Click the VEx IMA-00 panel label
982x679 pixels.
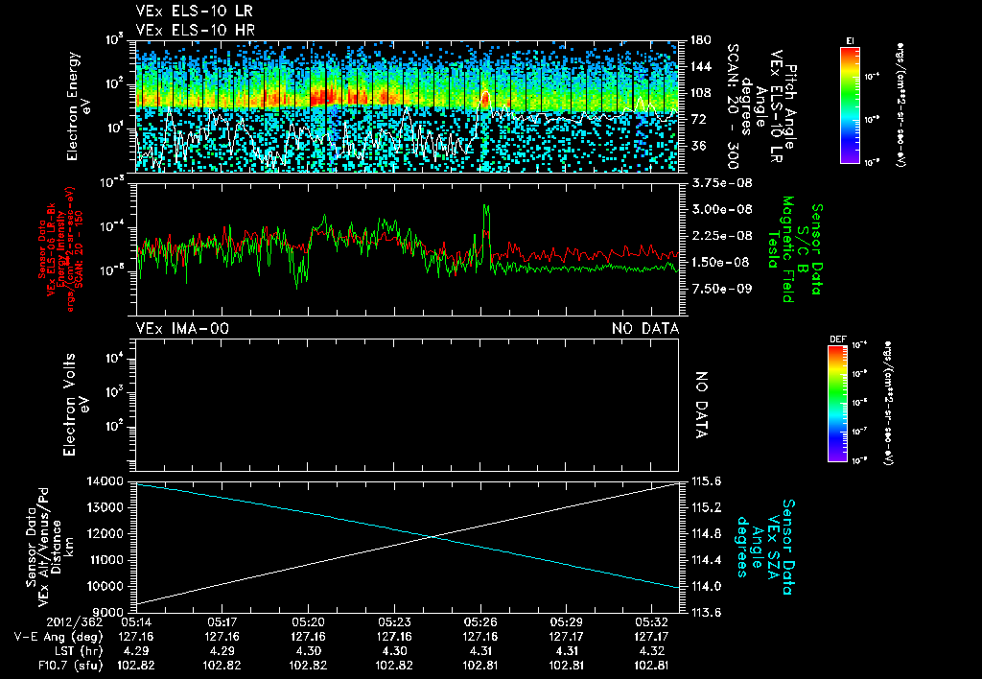(x=183, y=329)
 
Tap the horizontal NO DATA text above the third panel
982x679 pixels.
(x=645, y=329)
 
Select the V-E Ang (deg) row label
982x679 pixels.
(x=68, y=636)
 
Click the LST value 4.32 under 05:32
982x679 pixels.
(x=651, y=651)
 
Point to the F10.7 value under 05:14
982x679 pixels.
(x=136, y=666)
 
